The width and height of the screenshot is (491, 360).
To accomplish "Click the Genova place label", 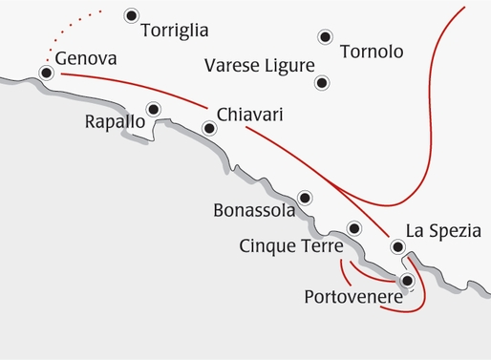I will pyautogui.click(x=86, y=59).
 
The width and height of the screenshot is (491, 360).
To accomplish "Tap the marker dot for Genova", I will pyautogui.click(x=46, y=73).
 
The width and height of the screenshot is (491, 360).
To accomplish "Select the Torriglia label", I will pyautogui.click(x=174, y=31).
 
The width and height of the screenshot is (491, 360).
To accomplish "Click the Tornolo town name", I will pyautogui.click(x=372, y=52).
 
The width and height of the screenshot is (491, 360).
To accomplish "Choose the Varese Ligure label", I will pyautogui.click(x=260, y=66).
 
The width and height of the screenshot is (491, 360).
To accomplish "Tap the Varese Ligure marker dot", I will pyautogui.click(x=323, y=83).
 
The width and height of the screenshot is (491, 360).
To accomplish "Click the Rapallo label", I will pyautogui.click(x=115, y=121).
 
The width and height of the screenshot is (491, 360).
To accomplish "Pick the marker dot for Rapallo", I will pyautogui.click(x=153, y=109).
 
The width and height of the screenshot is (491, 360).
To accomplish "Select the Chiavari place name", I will pyautogui.click(x=251, y=115).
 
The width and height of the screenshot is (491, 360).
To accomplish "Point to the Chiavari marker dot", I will pyautogui.click(x=210, y=127).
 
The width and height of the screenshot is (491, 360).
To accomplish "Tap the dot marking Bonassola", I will pyautogui.click(x=305, y=198).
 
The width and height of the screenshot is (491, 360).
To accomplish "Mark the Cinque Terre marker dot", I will pyautogui.click(x=354, y=228).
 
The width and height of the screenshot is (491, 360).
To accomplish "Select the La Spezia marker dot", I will pyautogui.click(x=398, y=248).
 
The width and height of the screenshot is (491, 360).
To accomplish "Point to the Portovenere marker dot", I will pyautogui.click(x=408, y=281).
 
